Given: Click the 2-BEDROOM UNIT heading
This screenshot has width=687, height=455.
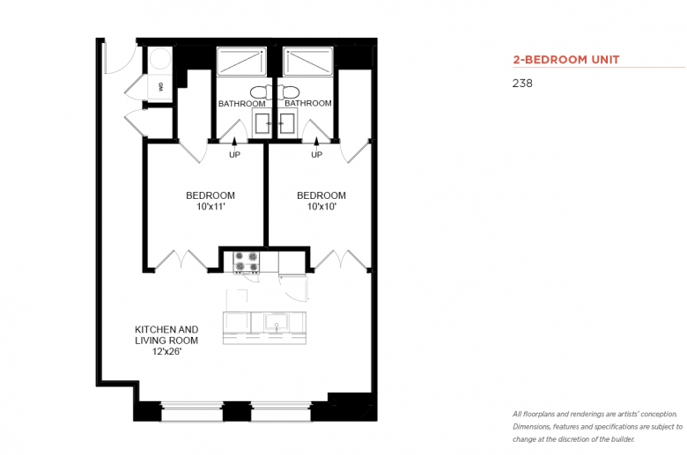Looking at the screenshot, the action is click(566, 60).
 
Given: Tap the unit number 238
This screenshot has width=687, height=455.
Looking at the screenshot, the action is click(522, 84).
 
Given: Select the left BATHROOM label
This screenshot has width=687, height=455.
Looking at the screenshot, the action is click(242, 104).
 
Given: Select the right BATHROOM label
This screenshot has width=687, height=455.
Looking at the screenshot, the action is click(308, 103).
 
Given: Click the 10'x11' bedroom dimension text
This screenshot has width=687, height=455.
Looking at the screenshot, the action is click(211, 207).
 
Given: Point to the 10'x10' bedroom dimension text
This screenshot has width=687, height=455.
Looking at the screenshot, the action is click(321, 207).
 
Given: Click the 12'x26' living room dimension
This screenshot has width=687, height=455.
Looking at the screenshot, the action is click(167, 351).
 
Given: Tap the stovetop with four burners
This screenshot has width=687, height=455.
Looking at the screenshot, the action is click(247, 262).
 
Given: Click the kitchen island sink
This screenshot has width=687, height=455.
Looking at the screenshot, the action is click(277, 322).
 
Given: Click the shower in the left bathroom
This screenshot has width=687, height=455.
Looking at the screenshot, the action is click(241, 62).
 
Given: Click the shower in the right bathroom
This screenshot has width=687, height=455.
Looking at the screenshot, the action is click(308, 62).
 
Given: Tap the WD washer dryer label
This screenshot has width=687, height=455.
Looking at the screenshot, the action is click(161, 87).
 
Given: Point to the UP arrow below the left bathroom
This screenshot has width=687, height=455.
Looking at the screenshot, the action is click(234, 142).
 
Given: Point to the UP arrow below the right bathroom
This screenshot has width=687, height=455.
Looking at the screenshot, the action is click(316, 142).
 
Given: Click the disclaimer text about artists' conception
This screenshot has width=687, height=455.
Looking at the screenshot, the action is click(598, 427).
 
